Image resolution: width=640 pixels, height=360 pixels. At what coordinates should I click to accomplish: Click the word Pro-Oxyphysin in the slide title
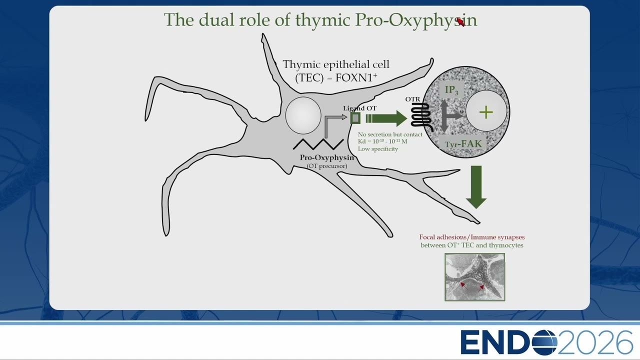[x=416, y=20]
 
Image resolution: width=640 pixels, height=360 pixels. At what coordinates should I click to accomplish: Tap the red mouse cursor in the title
[x=461, y=22]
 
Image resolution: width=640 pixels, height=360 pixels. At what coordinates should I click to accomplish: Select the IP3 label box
[x=451, y=90]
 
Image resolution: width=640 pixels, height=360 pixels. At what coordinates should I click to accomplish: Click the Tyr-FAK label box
[x=463, y=143]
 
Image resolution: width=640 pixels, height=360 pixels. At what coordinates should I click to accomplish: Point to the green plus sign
[x=486, y=112]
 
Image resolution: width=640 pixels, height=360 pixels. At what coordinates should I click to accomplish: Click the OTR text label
[x=412, y=99]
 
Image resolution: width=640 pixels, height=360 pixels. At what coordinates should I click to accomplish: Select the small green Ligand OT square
[x=355, y=118]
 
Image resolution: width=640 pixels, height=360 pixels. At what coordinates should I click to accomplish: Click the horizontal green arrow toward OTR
[x=386, y=118]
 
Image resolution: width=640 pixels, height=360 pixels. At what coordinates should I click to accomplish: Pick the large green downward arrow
[x=476, y=187]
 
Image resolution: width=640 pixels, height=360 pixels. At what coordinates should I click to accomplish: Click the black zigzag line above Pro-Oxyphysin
[x=318, y=144]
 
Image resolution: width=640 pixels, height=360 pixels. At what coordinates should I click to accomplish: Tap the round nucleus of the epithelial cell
[x=303, y=115]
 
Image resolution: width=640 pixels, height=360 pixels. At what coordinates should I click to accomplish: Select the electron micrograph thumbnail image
[x=475, y=277]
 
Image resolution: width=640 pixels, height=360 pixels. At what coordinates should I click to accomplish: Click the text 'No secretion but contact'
[x=389, y=134]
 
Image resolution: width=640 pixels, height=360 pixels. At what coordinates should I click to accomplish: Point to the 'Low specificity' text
[x=377, y=149]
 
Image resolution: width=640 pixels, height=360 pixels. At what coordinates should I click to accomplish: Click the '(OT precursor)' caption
[x=327, y=166]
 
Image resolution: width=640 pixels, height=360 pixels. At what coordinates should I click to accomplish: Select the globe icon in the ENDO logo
[x=544, y=342]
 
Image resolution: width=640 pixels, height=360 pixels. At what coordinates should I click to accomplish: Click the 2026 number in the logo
[x=595, y=342]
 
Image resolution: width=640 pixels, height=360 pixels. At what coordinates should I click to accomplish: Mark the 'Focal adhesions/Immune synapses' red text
[x=471, y=237]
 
